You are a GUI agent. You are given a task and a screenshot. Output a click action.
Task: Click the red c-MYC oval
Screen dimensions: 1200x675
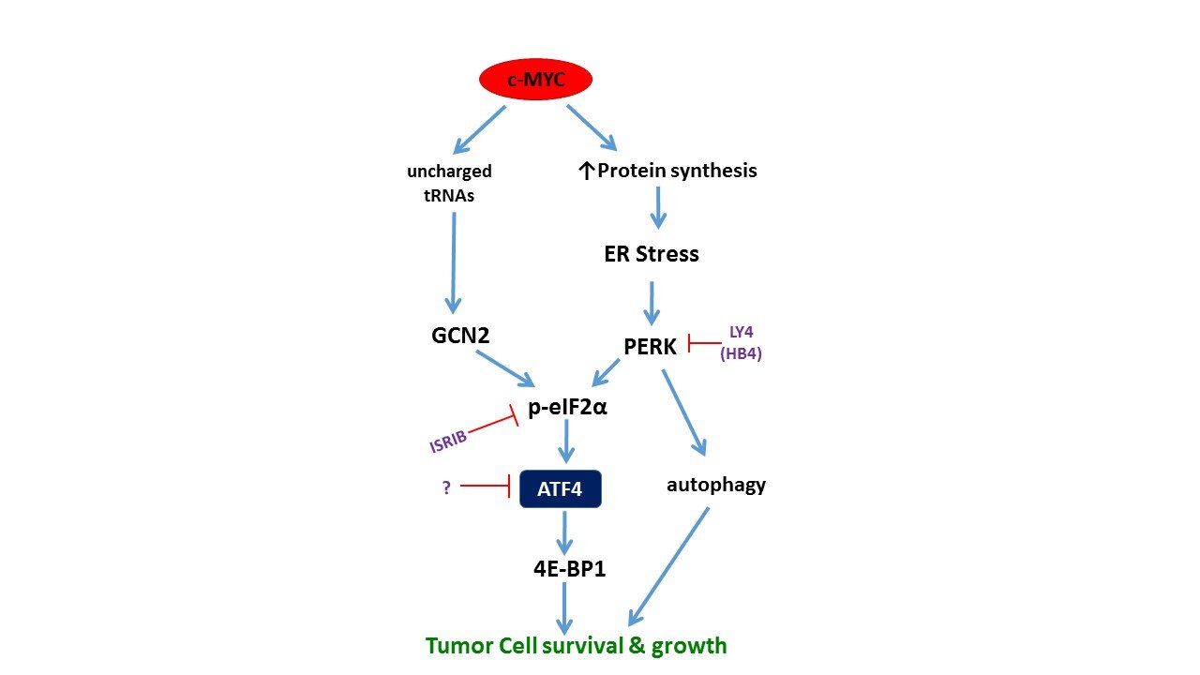535,80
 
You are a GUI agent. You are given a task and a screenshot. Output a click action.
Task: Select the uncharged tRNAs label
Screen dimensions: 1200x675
449,183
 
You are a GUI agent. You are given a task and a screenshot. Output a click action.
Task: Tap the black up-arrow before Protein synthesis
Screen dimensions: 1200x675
586,172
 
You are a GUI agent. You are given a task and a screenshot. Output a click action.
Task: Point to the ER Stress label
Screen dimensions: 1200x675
652,254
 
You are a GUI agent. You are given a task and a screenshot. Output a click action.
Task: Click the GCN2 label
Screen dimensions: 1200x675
460,336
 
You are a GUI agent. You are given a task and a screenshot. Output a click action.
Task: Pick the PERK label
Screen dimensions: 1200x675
650,347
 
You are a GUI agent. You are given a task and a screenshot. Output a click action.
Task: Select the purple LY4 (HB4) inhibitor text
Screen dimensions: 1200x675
741,343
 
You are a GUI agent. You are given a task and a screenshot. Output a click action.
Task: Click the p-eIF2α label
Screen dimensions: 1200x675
567,408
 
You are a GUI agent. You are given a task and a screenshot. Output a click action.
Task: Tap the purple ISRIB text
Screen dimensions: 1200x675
448,442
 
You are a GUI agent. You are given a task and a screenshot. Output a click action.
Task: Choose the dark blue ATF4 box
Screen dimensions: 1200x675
561,488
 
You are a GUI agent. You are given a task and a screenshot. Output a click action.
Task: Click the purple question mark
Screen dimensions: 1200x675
447,487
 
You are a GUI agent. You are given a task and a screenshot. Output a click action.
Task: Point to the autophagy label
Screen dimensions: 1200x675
715,486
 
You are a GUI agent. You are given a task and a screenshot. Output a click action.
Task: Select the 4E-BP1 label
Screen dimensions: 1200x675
569,568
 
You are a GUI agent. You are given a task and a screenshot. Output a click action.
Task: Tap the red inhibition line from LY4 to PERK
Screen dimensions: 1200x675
704,343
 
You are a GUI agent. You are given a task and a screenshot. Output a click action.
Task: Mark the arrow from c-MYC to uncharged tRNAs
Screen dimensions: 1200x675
479,129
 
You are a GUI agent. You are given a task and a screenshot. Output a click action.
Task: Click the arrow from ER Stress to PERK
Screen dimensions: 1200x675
652,303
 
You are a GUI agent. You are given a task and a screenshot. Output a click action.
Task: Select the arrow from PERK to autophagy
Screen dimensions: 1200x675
684,412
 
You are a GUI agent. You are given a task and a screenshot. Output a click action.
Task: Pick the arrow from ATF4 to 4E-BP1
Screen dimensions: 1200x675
564,533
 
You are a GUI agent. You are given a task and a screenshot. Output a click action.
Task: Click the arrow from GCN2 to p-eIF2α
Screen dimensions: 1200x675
505,368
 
